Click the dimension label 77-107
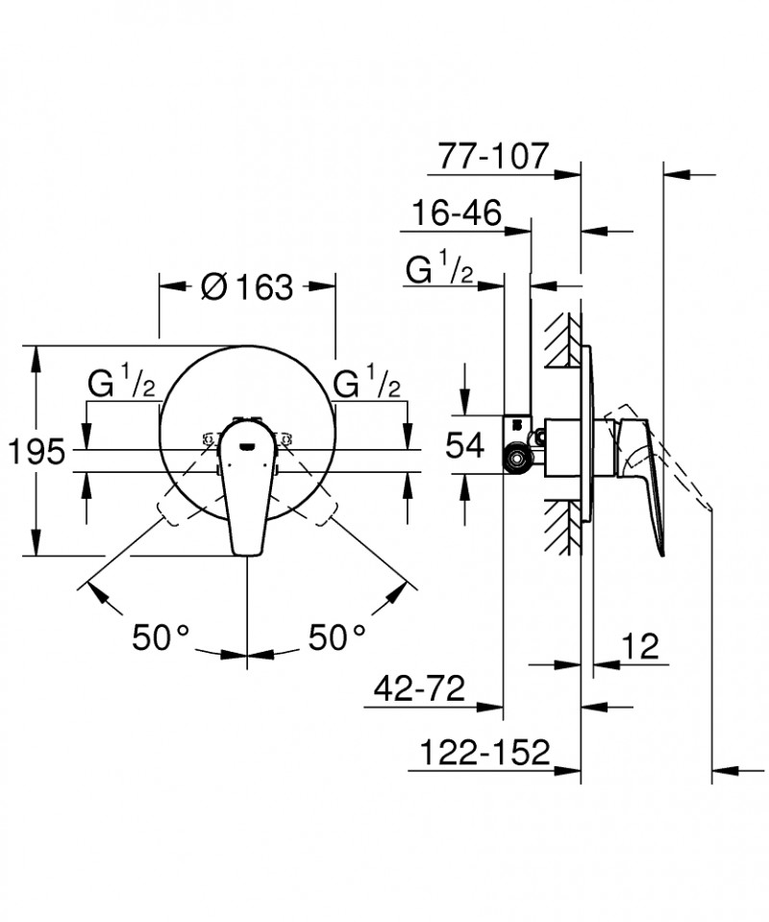click(x=492, y=155)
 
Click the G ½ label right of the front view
click(x=367, y=386)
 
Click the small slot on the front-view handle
click(x=247, y=445)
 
